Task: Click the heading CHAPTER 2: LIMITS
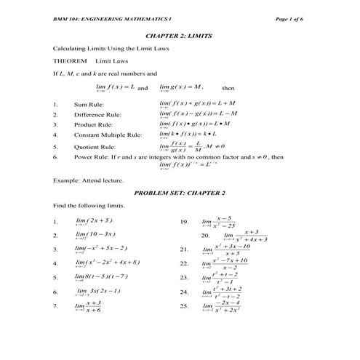[180, 34]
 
